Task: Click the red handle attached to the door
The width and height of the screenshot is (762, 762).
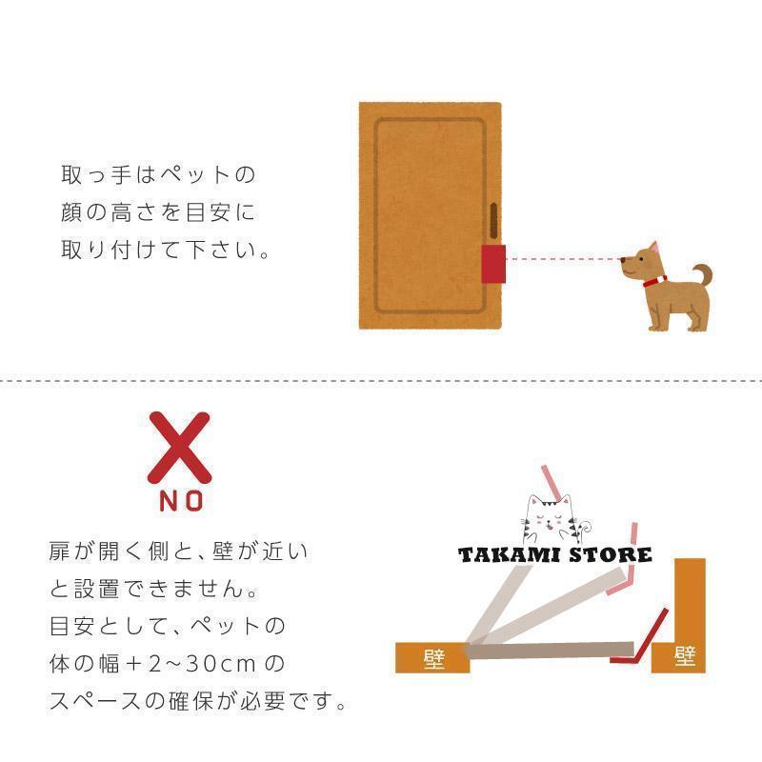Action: point(493,264)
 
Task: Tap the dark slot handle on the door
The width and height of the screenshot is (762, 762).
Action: point(493,221)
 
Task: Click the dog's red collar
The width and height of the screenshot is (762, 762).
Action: point(654,281)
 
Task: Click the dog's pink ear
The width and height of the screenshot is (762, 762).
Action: point(654,247)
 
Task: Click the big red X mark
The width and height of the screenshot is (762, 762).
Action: point(179,448)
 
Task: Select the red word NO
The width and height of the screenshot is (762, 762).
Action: point(181,501)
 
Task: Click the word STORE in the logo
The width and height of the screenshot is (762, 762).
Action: point(610,554)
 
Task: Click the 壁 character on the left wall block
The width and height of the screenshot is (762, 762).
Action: point(434,658)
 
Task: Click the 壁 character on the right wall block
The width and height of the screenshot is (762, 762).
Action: point(685,657)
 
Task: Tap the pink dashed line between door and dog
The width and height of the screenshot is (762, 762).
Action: point(563,259)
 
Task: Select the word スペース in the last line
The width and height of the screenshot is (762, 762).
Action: point(96,701)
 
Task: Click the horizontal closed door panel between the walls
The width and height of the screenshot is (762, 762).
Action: point(550,651)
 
